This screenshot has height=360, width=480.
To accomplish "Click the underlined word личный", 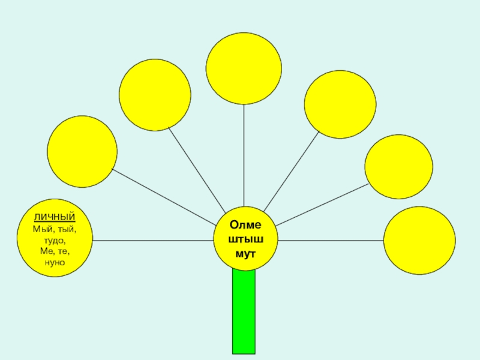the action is [55, 216].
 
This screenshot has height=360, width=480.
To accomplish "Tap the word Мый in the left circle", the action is [44, 229].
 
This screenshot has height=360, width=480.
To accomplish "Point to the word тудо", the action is [55, 240].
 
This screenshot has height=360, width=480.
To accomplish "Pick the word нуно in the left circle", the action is [55, 262].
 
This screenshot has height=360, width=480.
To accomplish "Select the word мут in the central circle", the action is [245, 254].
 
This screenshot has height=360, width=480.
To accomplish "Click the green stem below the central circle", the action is [244, 312].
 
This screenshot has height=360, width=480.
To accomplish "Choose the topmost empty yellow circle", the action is [244, 67].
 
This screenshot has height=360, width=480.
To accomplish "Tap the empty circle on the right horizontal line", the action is [419, 241].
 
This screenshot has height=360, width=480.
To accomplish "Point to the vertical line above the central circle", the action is [244, 156].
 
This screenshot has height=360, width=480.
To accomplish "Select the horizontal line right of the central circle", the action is [330, 241].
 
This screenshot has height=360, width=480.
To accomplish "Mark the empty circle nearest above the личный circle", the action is [82, 151].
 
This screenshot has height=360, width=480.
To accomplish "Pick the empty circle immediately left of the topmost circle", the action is [155, 94].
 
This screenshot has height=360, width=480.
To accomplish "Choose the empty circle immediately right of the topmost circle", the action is [340, 104].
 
